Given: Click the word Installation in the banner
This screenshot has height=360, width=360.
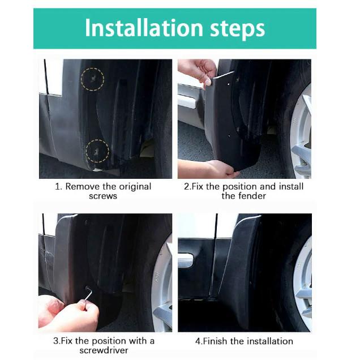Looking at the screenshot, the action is [144, 28].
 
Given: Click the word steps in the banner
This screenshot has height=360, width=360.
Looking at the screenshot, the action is [238, 29].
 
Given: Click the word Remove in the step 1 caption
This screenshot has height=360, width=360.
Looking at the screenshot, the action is [83, 186].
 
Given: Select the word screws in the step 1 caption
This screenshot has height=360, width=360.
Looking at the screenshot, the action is [103, 196].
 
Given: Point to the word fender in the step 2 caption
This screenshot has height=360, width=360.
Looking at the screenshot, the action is [252, 196].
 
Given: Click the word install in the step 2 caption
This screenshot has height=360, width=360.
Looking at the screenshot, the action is [291, 186].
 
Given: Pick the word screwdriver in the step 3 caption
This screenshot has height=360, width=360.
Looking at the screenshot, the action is [104, 350].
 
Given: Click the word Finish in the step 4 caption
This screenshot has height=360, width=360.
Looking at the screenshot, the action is [215, 341].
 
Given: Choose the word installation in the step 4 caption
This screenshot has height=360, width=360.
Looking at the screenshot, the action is [270, 341].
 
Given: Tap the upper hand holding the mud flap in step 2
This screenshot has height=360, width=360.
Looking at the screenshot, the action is [199, 72].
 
